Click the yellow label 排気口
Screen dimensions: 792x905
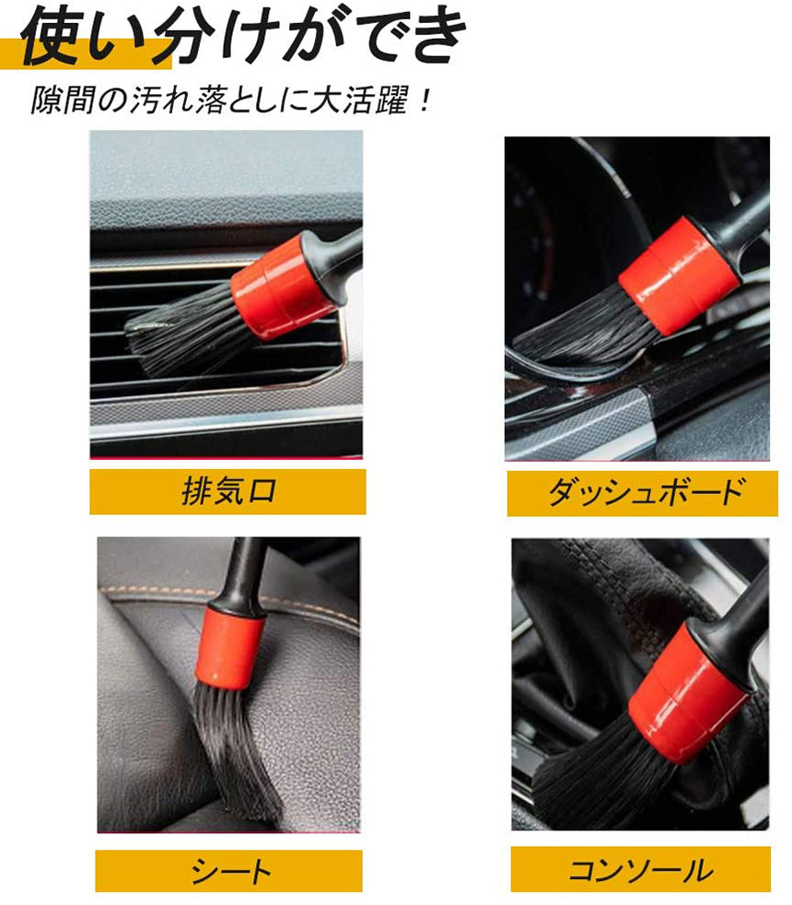[227, 491]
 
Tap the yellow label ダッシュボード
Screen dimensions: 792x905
[643, 493]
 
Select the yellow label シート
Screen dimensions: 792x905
[229, 870]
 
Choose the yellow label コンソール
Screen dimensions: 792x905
[640, 869]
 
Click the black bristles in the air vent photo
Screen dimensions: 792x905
[183, 337]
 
